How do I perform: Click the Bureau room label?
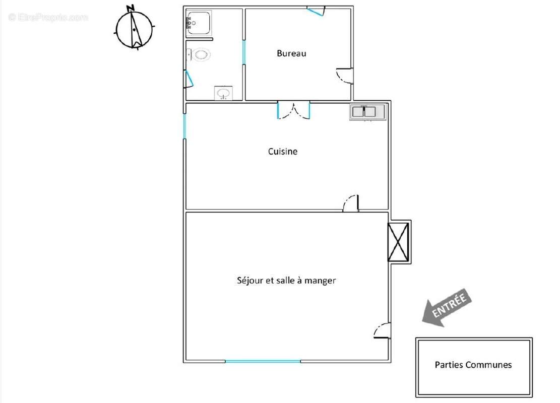pyautogui.click(x=291, y=53)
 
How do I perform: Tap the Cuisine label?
pyautogui.click(x=282, y=151)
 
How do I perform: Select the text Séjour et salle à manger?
pyautogui.click(x=286, y=281)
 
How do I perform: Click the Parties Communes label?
pyautogui.click(x=473, y=365)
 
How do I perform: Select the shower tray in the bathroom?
pyautogui.click(x=199, y=23)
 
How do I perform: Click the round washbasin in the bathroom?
pyautogui.click(x=223, y=93)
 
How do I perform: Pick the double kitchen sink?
pyautogui.click(x=367, y=112)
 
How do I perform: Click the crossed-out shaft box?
pyautogui.click(x=399, y=242)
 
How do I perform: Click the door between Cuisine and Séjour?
pyautogui.click(x=351, y=203)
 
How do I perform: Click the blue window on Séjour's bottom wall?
pyautogui.click(x=263, y=361)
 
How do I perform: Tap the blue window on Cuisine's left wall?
pyautogui.click(x=184, y=126)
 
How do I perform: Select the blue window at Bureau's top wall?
pyautogui.click(x=316, y=11)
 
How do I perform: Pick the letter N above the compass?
pyautogui.click(x=131, y=8)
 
